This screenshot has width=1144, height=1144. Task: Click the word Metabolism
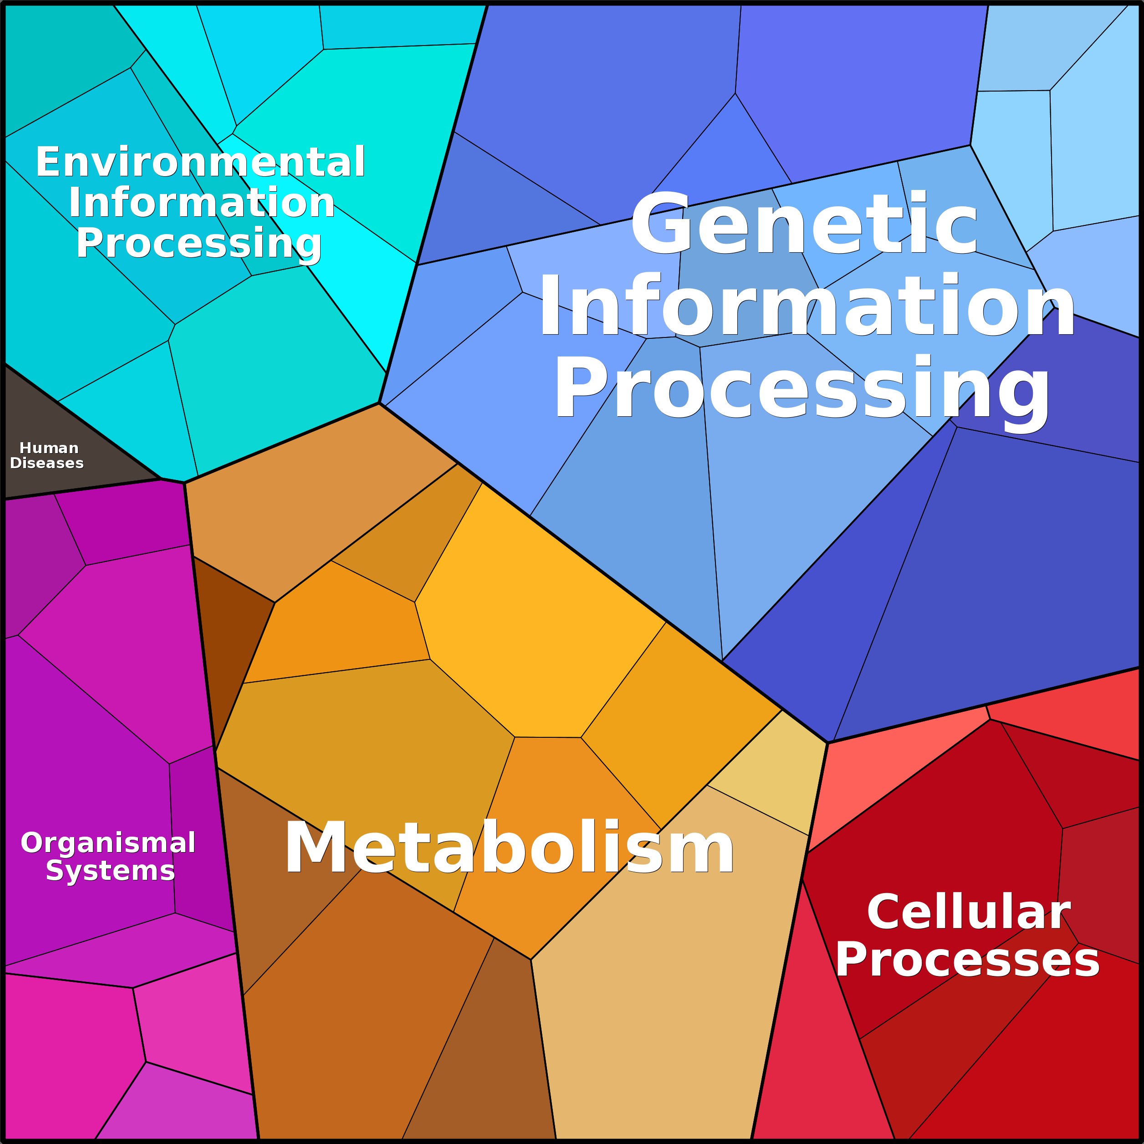coord(509,848)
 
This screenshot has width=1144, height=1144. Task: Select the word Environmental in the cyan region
coord(200,162)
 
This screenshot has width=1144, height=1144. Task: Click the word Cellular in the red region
coord(969,913)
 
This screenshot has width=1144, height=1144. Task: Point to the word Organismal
coord(108,843)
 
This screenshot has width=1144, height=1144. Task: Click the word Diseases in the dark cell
coord(47,463)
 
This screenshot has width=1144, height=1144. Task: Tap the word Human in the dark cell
coord(49,448)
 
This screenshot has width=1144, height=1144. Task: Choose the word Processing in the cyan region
coord(199,243)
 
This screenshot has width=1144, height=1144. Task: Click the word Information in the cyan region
coord(201,203)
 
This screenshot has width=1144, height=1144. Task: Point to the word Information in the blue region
coord(807,307)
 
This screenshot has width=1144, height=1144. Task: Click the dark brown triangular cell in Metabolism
coord(228,639)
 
